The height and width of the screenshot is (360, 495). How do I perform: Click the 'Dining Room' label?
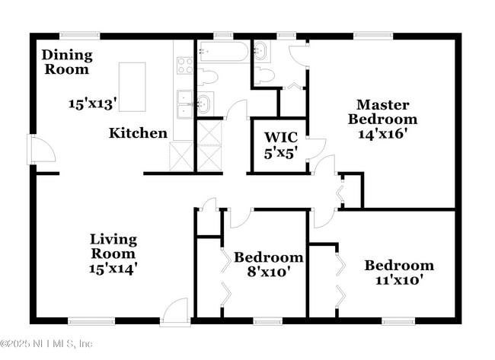coord(66,62)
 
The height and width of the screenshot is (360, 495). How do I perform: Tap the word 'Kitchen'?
coord(138,133)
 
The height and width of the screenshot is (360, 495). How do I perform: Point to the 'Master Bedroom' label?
coord(382,112)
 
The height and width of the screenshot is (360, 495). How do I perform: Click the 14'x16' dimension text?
coord(382,134)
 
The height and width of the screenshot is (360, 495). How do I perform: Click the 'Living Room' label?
coord(113,246)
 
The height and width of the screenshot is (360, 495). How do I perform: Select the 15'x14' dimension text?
coord(113,268)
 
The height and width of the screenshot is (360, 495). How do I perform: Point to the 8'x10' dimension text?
coord(267,271)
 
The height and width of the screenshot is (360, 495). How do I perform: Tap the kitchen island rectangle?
coord(133,88)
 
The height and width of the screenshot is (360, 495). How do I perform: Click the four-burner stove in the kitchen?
coord(185,65)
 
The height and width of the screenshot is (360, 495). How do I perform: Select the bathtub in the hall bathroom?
coord(223,53)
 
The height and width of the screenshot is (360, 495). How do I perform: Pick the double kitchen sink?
coord(185,106)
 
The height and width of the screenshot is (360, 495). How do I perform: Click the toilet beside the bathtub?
coord(209,76)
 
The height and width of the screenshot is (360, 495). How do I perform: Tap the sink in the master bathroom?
coord(261,52)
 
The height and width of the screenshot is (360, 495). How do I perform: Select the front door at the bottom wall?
coord(175,311)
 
